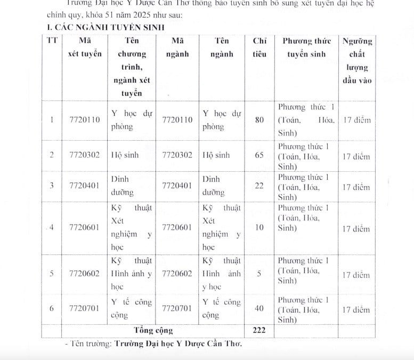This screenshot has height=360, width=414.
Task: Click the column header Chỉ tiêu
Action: pos(259,47)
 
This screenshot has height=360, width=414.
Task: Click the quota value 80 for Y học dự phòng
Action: pos(259,119)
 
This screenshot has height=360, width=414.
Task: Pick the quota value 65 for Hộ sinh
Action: pos(259,156)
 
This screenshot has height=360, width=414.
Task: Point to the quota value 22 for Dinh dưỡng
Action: pos(259,186)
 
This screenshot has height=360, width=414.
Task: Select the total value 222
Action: pos(259,330)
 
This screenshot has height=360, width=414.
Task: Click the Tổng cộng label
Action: pos(154,330)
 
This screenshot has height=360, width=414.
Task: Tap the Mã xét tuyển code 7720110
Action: pos(84,119)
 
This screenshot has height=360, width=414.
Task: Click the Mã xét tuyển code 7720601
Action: pos(84,228)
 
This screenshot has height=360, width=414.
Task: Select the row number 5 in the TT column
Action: pos(52,274)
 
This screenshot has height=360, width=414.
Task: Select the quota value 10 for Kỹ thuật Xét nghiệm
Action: pos(259,228)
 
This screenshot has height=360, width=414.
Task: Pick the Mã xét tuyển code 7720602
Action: pos(84,274)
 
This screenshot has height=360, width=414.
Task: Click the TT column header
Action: pos(52,41)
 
